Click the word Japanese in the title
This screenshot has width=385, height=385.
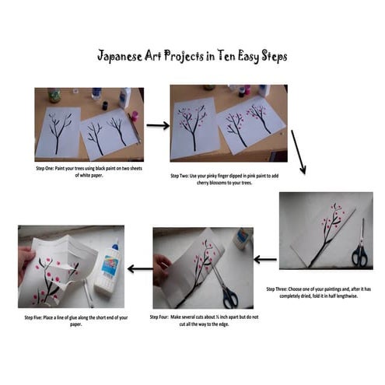tap(122, 57)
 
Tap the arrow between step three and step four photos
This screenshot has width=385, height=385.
tap(265, 260)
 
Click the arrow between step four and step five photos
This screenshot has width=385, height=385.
tap(140, 269)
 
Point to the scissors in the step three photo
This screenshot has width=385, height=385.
tap(360, 247)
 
